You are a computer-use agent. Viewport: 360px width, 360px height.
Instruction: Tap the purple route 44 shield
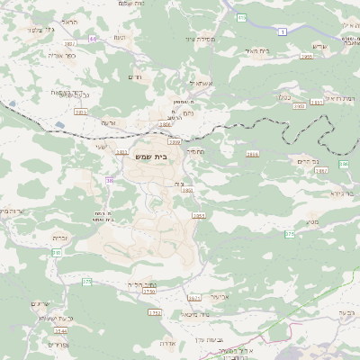[93, 40]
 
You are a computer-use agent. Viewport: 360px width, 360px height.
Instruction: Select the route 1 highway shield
[283, 31]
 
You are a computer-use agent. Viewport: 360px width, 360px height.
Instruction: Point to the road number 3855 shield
[80, 112]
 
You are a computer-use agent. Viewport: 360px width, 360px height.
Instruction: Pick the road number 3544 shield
[59, 331]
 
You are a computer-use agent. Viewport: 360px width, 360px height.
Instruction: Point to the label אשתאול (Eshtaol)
[198, 83]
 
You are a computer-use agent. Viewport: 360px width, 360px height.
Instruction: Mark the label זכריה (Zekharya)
[61, 238]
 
